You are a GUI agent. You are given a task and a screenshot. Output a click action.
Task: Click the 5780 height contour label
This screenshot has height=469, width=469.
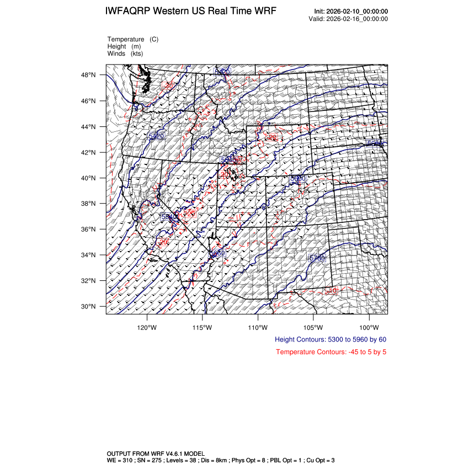tap(317, 258)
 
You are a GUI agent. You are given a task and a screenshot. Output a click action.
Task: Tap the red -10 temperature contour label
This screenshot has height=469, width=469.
tap(333, 290)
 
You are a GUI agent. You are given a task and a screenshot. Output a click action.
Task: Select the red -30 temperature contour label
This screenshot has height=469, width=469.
tap(168, 85)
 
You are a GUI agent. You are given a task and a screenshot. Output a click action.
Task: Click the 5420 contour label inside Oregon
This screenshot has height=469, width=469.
tap(156, 136)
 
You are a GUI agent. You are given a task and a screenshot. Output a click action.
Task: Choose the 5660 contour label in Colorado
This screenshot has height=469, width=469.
tap(298, 178)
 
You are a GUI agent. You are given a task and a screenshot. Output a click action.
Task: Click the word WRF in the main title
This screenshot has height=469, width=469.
tap(264, 12)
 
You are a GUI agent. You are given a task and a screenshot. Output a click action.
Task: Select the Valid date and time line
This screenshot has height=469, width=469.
tap(348, 19)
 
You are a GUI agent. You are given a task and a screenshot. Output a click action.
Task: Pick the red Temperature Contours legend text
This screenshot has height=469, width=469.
tap(331, 352)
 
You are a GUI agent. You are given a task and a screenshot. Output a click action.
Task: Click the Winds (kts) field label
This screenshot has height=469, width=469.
tap(125, 54)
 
